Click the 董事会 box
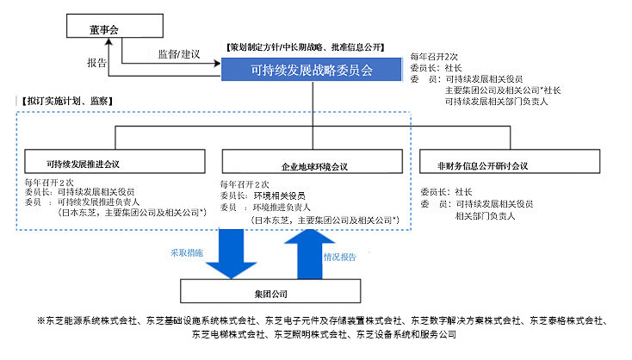103,29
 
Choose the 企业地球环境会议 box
316,165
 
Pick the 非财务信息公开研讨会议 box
484,165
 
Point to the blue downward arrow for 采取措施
231,254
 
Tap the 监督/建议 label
179,54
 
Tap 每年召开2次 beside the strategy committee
437,56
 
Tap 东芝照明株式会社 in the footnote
314,333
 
